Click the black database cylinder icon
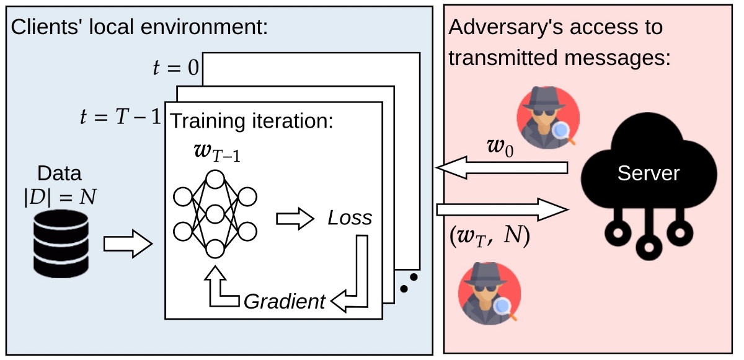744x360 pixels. coord(61,244)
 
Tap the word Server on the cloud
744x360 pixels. coord(649,173)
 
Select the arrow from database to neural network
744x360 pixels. coord(128,244)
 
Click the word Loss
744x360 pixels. coord(350,218)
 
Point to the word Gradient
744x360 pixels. coord(285,302)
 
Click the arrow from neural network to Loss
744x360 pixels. coord(295,219)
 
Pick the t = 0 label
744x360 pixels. coord(175,68)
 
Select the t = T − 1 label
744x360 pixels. coord(120,116)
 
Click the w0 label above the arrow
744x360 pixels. coord(500,147)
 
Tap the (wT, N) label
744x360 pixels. coord(489,236)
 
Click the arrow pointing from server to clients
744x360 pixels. coord(502,167)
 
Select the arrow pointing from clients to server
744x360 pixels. coord(503,209)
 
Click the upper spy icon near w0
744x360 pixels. coord(548,118)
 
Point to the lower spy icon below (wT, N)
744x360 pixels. coord(489,294)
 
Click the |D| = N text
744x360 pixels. coord(60,197)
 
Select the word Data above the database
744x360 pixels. coord(60,173)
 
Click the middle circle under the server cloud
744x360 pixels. coord(649,247)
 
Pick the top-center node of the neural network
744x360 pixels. coord(215,179)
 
